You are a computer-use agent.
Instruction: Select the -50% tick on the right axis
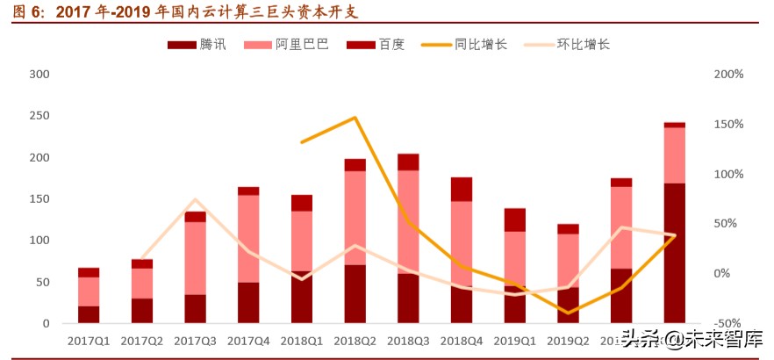tap(727, 323)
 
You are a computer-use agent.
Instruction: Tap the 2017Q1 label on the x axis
tap(89, 340)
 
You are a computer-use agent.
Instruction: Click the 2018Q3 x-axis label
tap(408, 340)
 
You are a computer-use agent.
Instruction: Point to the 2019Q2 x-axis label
tap(568, 340)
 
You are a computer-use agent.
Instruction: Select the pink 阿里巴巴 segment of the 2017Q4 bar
tap(248, 238)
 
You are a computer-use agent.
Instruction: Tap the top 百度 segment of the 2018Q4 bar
tap(462, 189)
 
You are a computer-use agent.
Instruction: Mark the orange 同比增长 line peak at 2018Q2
tap(355, 118)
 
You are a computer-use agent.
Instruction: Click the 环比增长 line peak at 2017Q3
tap(195, 200)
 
